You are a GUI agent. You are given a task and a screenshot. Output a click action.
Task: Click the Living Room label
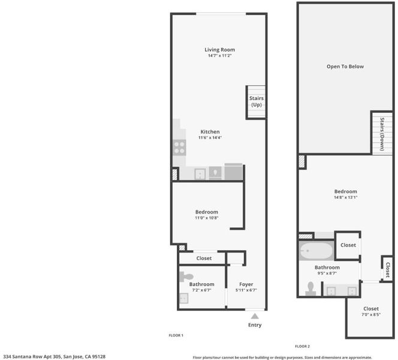click(219, 50)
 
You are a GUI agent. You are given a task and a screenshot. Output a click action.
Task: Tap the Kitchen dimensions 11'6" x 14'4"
click(210, 137)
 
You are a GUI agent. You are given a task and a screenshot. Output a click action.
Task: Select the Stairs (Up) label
click(257, 101)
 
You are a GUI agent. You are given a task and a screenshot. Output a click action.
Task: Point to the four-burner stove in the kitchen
click(179, 148)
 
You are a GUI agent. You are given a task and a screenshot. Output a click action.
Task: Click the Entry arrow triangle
click(255, 316)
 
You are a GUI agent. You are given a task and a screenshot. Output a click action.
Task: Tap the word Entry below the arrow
click(255, 325)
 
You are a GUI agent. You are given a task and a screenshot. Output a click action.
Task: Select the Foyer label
click(246, 284)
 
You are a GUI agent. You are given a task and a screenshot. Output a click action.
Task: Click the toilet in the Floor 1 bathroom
click(186, 277)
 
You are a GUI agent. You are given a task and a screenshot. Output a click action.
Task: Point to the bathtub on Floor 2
click(316, 251)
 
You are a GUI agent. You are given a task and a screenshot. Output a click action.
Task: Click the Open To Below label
click(345, 67)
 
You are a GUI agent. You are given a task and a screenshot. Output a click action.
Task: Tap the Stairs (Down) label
click(382, 134)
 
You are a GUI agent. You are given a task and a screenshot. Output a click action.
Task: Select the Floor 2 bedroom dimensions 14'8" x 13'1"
click(345, 197)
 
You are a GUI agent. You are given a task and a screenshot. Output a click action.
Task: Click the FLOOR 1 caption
click(176, 335)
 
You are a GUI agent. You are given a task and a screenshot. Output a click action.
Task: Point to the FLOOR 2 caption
click(302, 346)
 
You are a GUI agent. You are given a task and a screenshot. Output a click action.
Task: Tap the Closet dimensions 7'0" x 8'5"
click(371, 314)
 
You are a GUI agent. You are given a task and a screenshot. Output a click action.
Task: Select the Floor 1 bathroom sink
click(184, 298)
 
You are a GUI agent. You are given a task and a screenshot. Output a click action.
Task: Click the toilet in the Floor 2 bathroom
click(310, 289)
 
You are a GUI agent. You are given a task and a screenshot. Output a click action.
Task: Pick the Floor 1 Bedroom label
click(207, 212)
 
